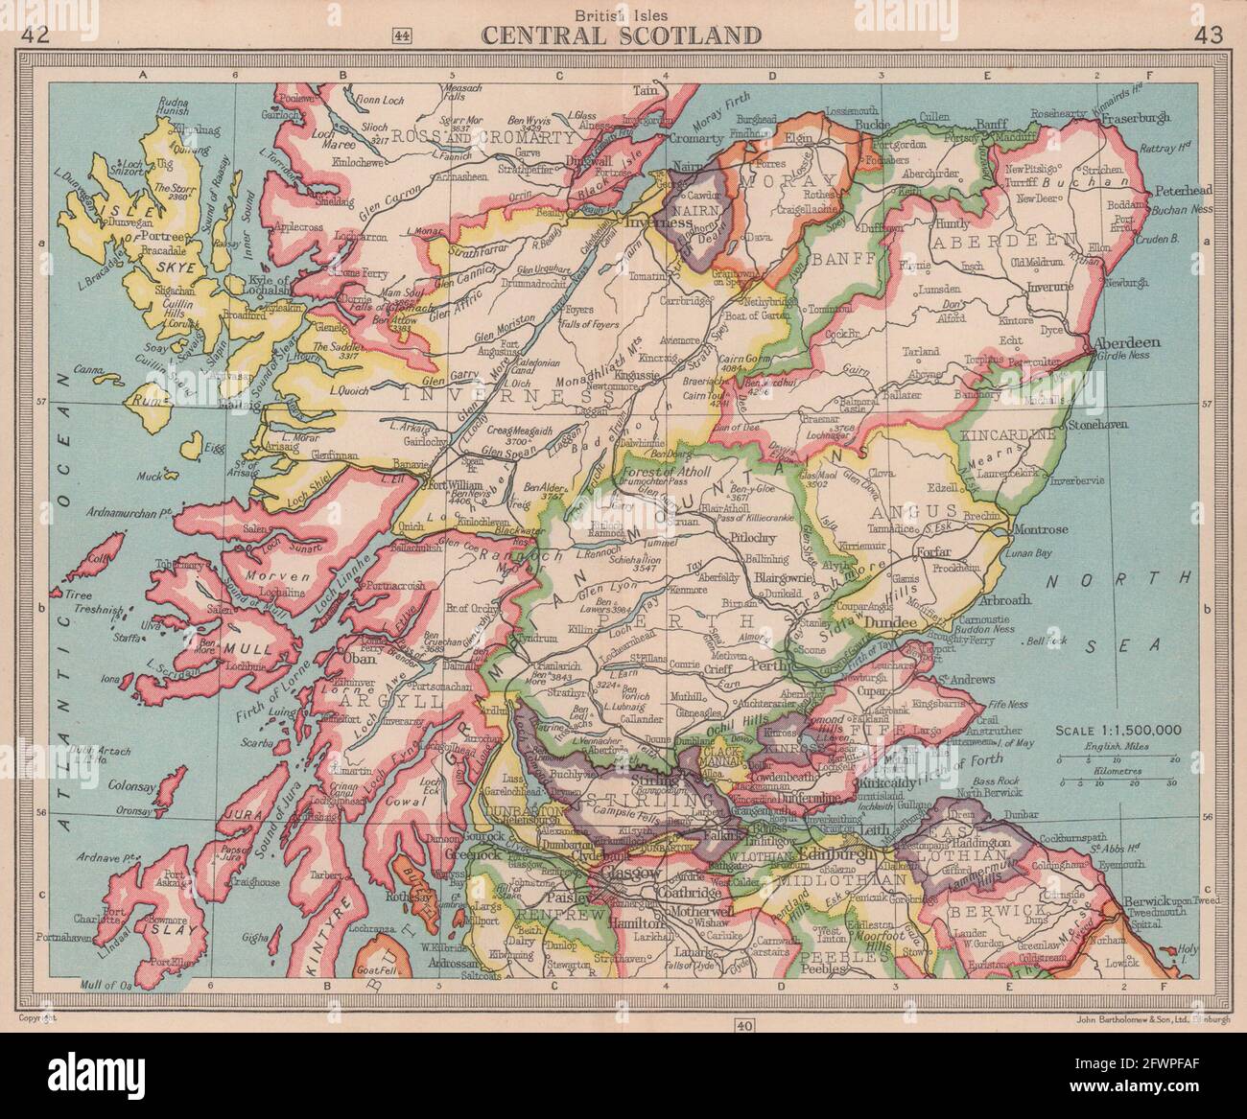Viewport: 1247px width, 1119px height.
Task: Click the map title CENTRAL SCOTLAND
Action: tap(623, 35)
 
